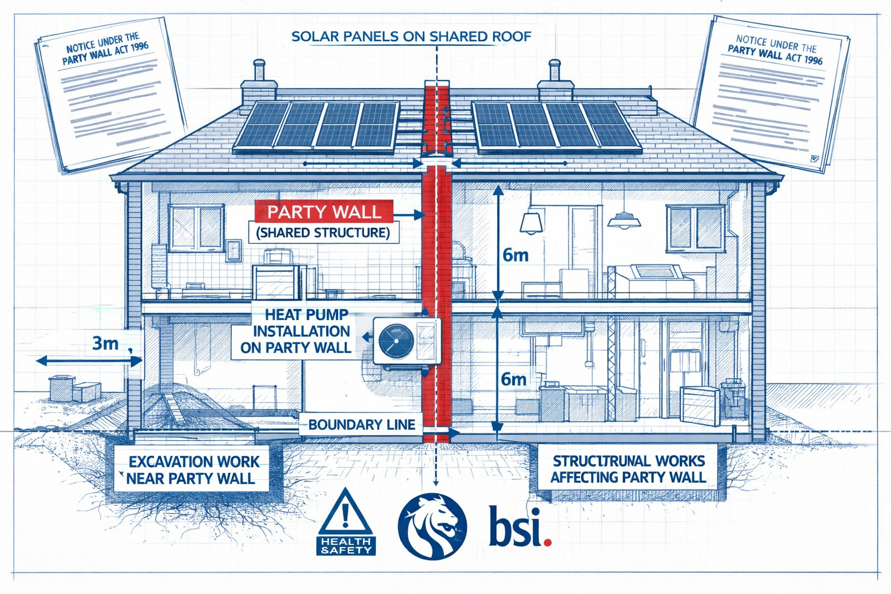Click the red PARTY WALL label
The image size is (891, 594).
(x=324, y=212)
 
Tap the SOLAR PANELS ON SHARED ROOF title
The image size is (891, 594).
(x=411, y=37)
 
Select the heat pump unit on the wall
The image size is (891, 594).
(x=407, y=341)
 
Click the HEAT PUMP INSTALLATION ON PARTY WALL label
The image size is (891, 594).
(x=296, y=331)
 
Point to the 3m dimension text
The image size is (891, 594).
(x=106, y=343)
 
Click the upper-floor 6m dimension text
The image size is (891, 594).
(x=515, y=255)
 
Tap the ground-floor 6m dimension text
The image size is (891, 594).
(x=513, y=379)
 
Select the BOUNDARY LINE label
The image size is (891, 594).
(x=361, y=425)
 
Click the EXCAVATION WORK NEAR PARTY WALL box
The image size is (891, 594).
(x=193, y=470)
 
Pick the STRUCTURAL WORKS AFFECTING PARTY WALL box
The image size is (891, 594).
(x=628, y=469)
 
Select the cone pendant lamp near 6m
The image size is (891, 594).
(x=531, y=222)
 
